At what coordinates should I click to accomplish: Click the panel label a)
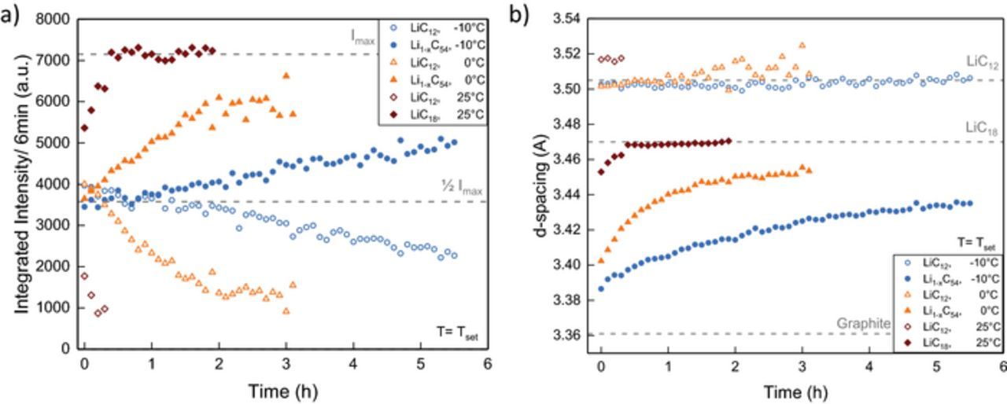pyautogui.click(x=10, y=14)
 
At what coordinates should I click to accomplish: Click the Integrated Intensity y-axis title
pyautogui.click(x=21, y=183)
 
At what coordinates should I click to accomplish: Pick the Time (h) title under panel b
pyautogui.click(x=795, y=391)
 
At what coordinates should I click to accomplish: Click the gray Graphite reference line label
pyautogui.click(x=863, y=323)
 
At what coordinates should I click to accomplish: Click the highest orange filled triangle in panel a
pyautogui.click(x=286, y=75)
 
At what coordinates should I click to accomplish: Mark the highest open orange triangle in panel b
pyautogui.click(x=802, y=46)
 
